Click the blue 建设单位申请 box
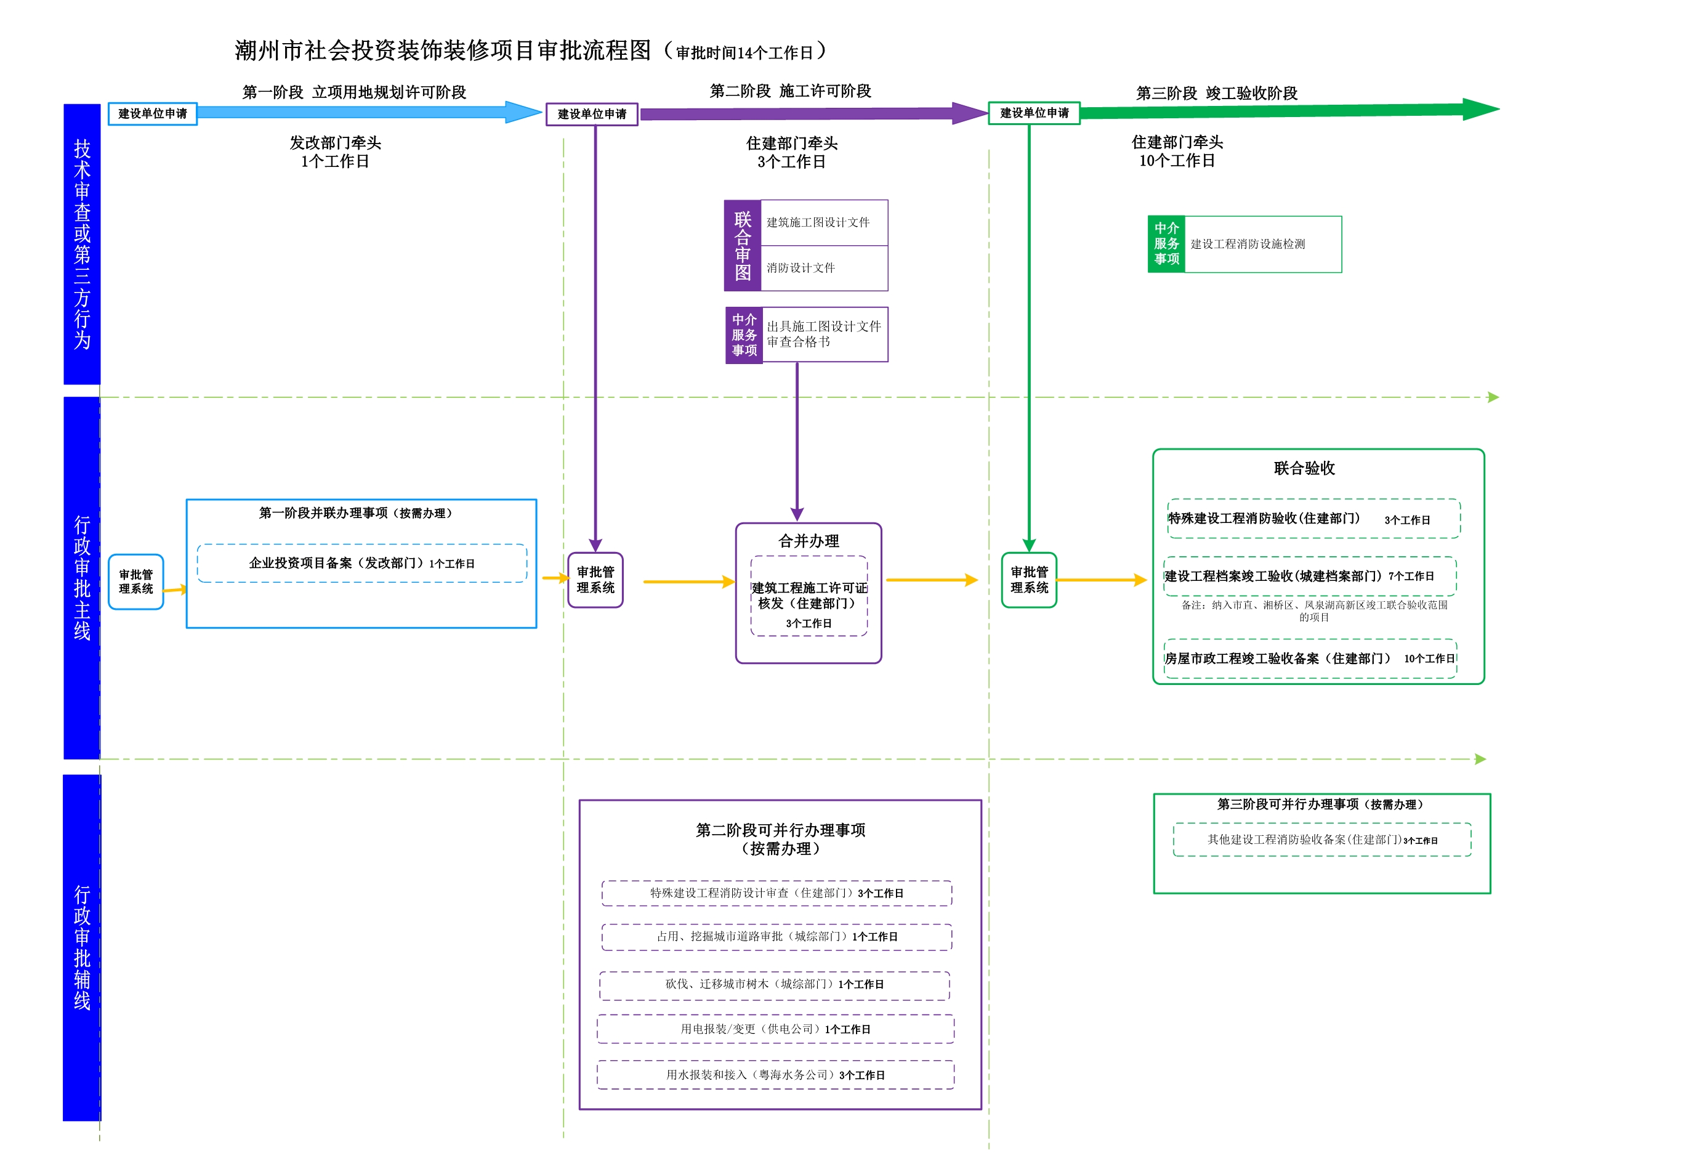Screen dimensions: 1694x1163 pos(152,114)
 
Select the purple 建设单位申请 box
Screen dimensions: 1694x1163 pos(592,115)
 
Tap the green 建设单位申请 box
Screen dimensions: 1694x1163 pos(1035,113)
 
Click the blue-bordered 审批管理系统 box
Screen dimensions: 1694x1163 pos(135,582)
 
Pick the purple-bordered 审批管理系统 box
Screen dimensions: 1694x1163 pos(595,580)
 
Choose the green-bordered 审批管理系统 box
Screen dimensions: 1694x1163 pos(1029,580)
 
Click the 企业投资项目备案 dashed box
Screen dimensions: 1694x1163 pos(361,564)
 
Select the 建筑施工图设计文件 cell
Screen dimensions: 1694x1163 pos(825,222)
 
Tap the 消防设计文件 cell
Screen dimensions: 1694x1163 pos(825,269)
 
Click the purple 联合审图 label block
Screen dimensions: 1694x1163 pos(743,246)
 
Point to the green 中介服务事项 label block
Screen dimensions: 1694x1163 pos(1166,245)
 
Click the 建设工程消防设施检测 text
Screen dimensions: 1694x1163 pos(1248,245)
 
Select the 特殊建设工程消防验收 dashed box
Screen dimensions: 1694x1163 pos(1313,519)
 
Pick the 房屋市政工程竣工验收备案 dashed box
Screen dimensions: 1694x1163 pos(1310,659)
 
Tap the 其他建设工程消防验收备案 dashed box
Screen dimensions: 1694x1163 pos(1322,840)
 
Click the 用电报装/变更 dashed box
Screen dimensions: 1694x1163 pos(775,1029)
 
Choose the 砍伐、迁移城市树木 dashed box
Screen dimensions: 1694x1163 pos(775,985)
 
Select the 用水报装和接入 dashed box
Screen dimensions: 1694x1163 pos(775,1076)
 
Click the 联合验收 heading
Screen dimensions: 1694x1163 pos(1304,469)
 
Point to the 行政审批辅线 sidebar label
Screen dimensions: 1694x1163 pos(83,948)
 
